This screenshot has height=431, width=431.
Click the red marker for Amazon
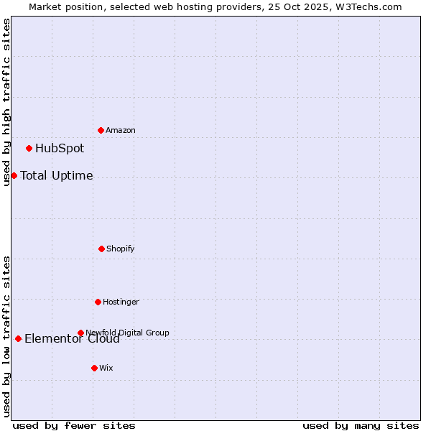(101, 130)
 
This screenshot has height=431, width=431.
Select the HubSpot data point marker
(29, 149)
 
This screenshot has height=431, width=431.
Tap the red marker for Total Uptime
(14, 175)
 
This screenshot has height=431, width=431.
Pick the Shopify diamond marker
(101, 249)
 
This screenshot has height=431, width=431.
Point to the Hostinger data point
(98, 302)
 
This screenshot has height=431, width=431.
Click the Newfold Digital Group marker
(80, 333)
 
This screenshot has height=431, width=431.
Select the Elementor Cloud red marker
(18, 338)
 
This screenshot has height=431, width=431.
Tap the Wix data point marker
(94, 368)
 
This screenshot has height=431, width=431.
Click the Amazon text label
(121, 130)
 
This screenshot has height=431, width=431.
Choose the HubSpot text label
(60, 149)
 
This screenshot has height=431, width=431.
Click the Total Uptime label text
(57, 175)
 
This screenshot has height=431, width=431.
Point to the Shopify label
(121, 249)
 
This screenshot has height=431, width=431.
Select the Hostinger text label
(121, 302)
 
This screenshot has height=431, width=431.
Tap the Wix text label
(106, 368)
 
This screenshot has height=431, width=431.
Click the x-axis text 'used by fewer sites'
(74, 425)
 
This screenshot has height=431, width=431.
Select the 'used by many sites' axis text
(361, 425)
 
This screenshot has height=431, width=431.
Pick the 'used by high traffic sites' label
(6, 102)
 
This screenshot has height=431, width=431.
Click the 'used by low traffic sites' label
(6, 336)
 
